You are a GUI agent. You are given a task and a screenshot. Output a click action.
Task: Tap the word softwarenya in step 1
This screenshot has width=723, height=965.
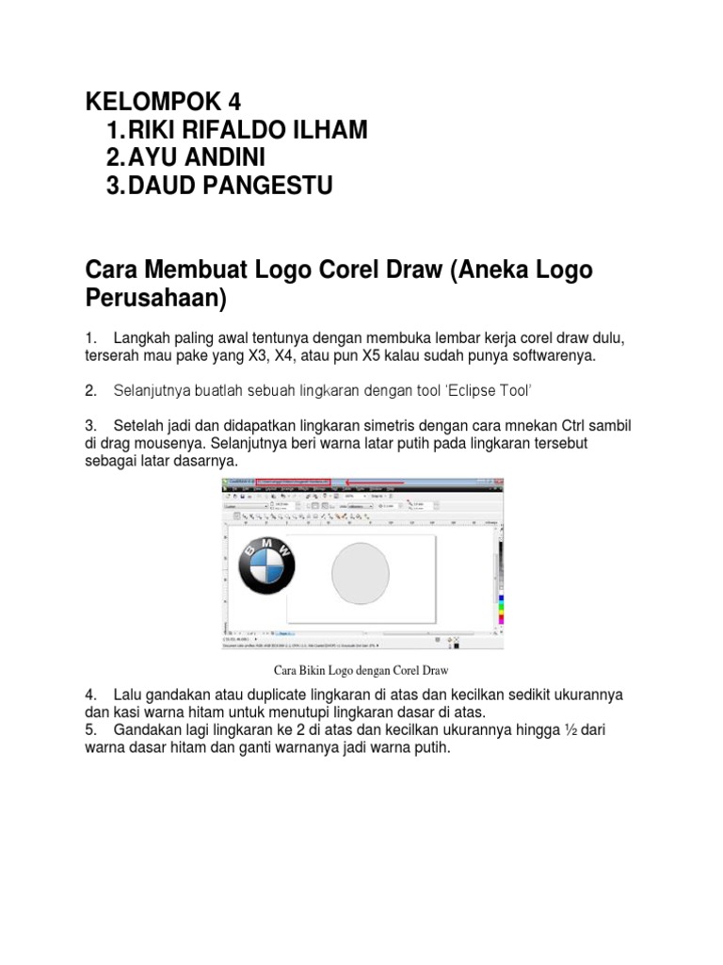pyautogui.click(x=548, y=355)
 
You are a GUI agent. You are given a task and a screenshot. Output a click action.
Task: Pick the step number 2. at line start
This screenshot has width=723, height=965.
pyautogui.click(x=90, y=390)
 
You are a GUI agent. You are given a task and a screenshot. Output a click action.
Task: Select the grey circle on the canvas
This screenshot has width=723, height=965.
pyautogui.click(x=361, y=572)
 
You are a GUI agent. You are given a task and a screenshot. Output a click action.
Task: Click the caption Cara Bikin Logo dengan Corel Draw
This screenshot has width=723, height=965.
pyautogui.click(x=361, y=671)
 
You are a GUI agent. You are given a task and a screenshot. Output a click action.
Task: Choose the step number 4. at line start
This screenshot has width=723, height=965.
pyautogui.click(x=90, y=695)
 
